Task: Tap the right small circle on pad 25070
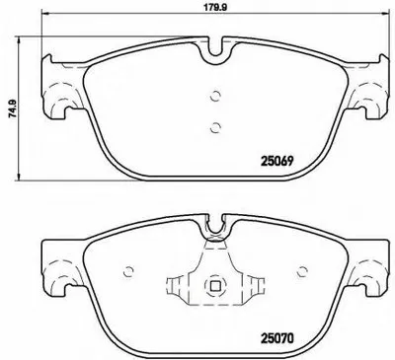pos(302,273)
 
